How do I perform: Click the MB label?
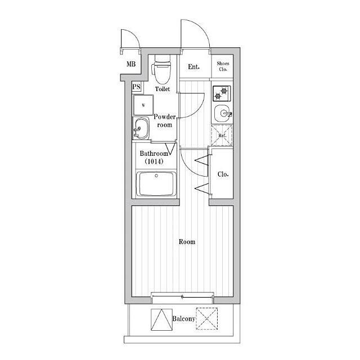(x=131, y=64)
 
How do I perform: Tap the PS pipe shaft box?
(x=136, y=87)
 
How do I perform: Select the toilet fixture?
(x=162, y=69)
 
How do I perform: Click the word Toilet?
(x=163, y=89)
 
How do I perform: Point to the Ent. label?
(x=193, y=67)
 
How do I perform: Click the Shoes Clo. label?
(x=223, y=66)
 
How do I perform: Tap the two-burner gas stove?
(x=222, y=93)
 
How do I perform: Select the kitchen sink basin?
(x=223, y=114)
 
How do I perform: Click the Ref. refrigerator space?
(x=222, y=136)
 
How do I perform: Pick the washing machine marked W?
(x=143, y=105)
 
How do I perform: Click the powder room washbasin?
(x=141, y=128)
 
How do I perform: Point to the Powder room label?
(x=165, y=121)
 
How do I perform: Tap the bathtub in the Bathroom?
(x=156, y=184)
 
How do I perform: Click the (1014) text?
(x=154, y=161)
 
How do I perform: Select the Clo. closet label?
(x=223, y=174)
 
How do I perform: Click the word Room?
(x=187, y=242)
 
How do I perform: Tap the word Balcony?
(x=184, y=319)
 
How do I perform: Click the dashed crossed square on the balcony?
(x=206, y=319)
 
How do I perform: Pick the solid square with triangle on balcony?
(x=161, y=319)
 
